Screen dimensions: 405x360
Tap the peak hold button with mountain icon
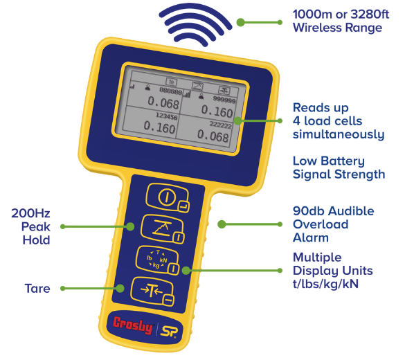click(163, 228)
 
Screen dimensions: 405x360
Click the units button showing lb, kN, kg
click(157, 260)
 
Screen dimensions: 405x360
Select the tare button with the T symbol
click(152, 291)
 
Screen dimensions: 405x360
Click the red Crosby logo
click(133, 325)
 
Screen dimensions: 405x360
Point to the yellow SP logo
click(169, 332)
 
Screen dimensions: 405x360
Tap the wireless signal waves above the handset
click(195, 24)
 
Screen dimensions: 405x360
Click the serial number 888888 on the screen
click(171, 91)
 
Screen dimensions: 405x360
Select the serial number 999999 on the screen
click(224, 100)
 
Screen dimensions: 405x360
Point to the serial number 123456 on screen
click(167, 116)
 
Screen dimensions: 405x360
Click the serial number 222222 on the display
click(220, 125)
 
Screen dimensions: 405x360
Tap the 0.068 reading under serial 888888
click(163, 102)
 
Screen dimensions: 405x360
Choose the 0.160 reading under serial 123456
click(159, 127)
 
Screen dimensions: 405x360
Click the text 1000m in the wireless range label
click(312, 15)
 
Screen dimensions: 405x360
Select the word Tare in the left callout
click(37, 289)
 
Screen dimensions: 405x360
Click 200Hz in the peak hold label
click(30, 213)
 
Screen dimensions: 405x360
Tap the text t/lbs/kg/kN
click(325, 284)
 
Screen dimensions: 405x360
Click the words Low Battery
click(329, 161)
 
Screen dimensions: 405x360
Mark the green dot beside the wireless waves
click(240, 22)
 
